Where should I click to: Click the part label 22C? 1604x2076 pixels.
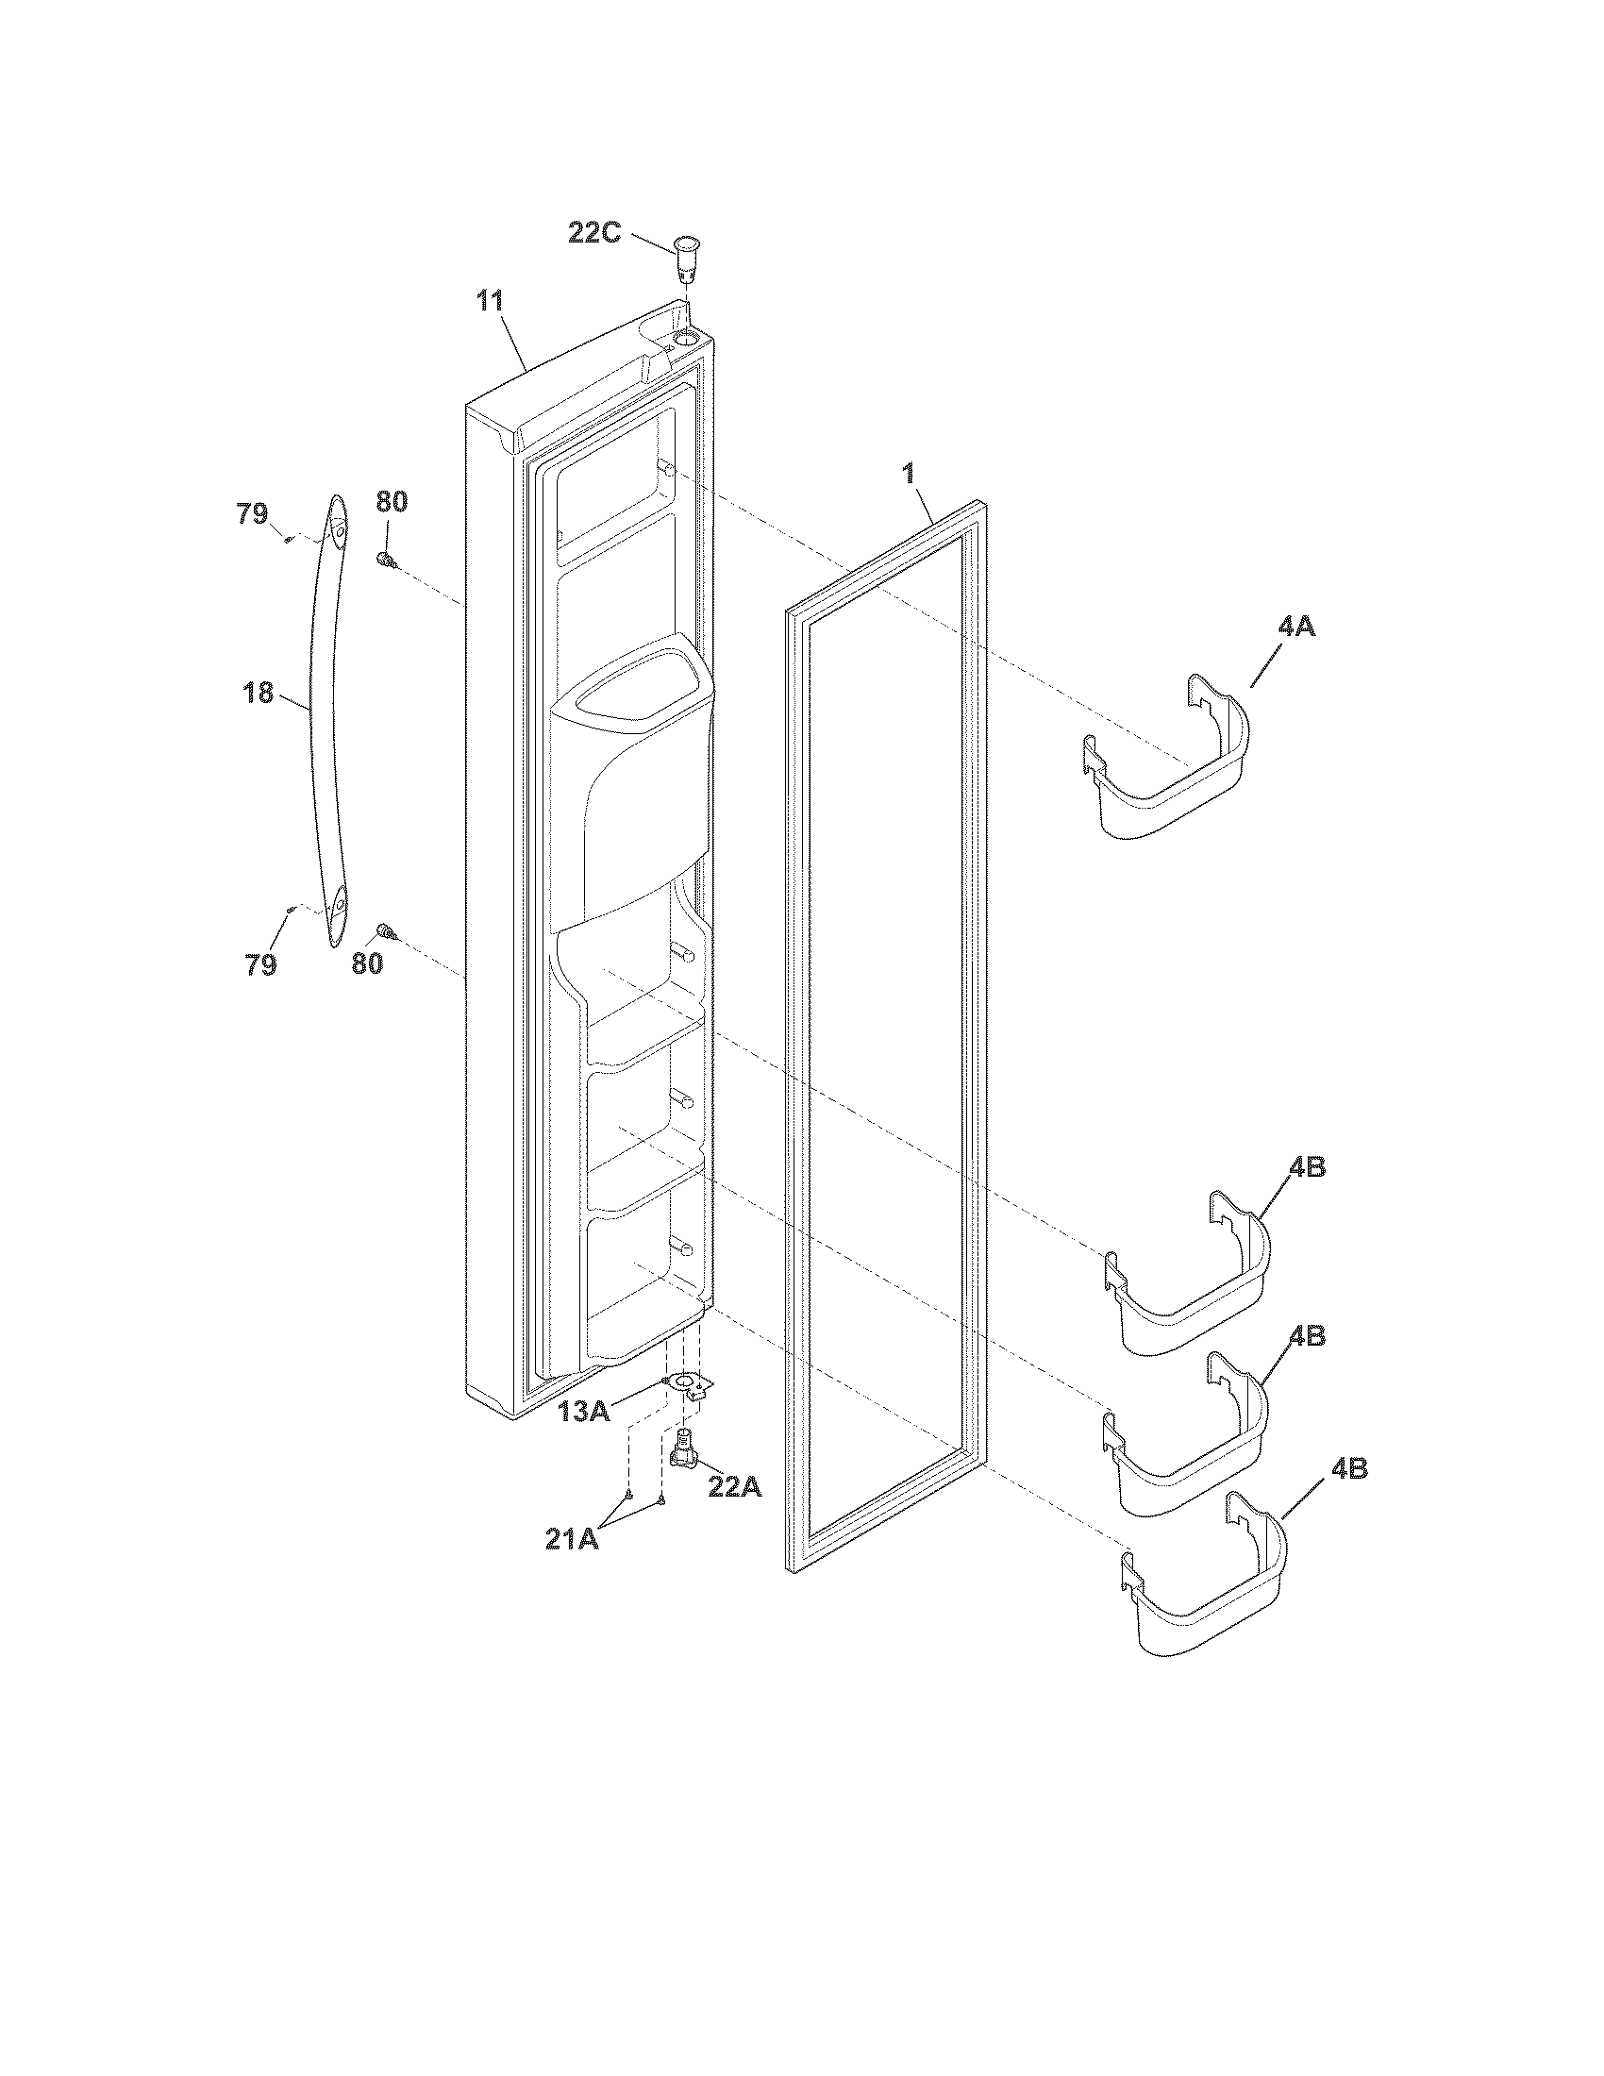tap(594, 233)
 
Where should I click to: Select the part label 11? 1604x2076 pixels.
tap(490, 302)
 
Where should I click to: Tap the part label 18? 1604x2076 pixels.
tap(259, 693)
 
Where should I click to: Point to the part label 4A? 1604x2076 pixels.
tap(1296, 627)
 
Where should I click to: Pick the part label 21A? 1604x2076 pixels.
tap(572, 1539)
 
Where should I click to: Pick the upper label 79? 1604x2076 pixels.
tap(252, 514)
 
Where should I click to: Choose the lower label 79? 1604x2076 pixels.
tap(261, 965)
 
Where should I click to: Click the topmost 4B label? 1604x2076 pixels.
tap(1307, 1167)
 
